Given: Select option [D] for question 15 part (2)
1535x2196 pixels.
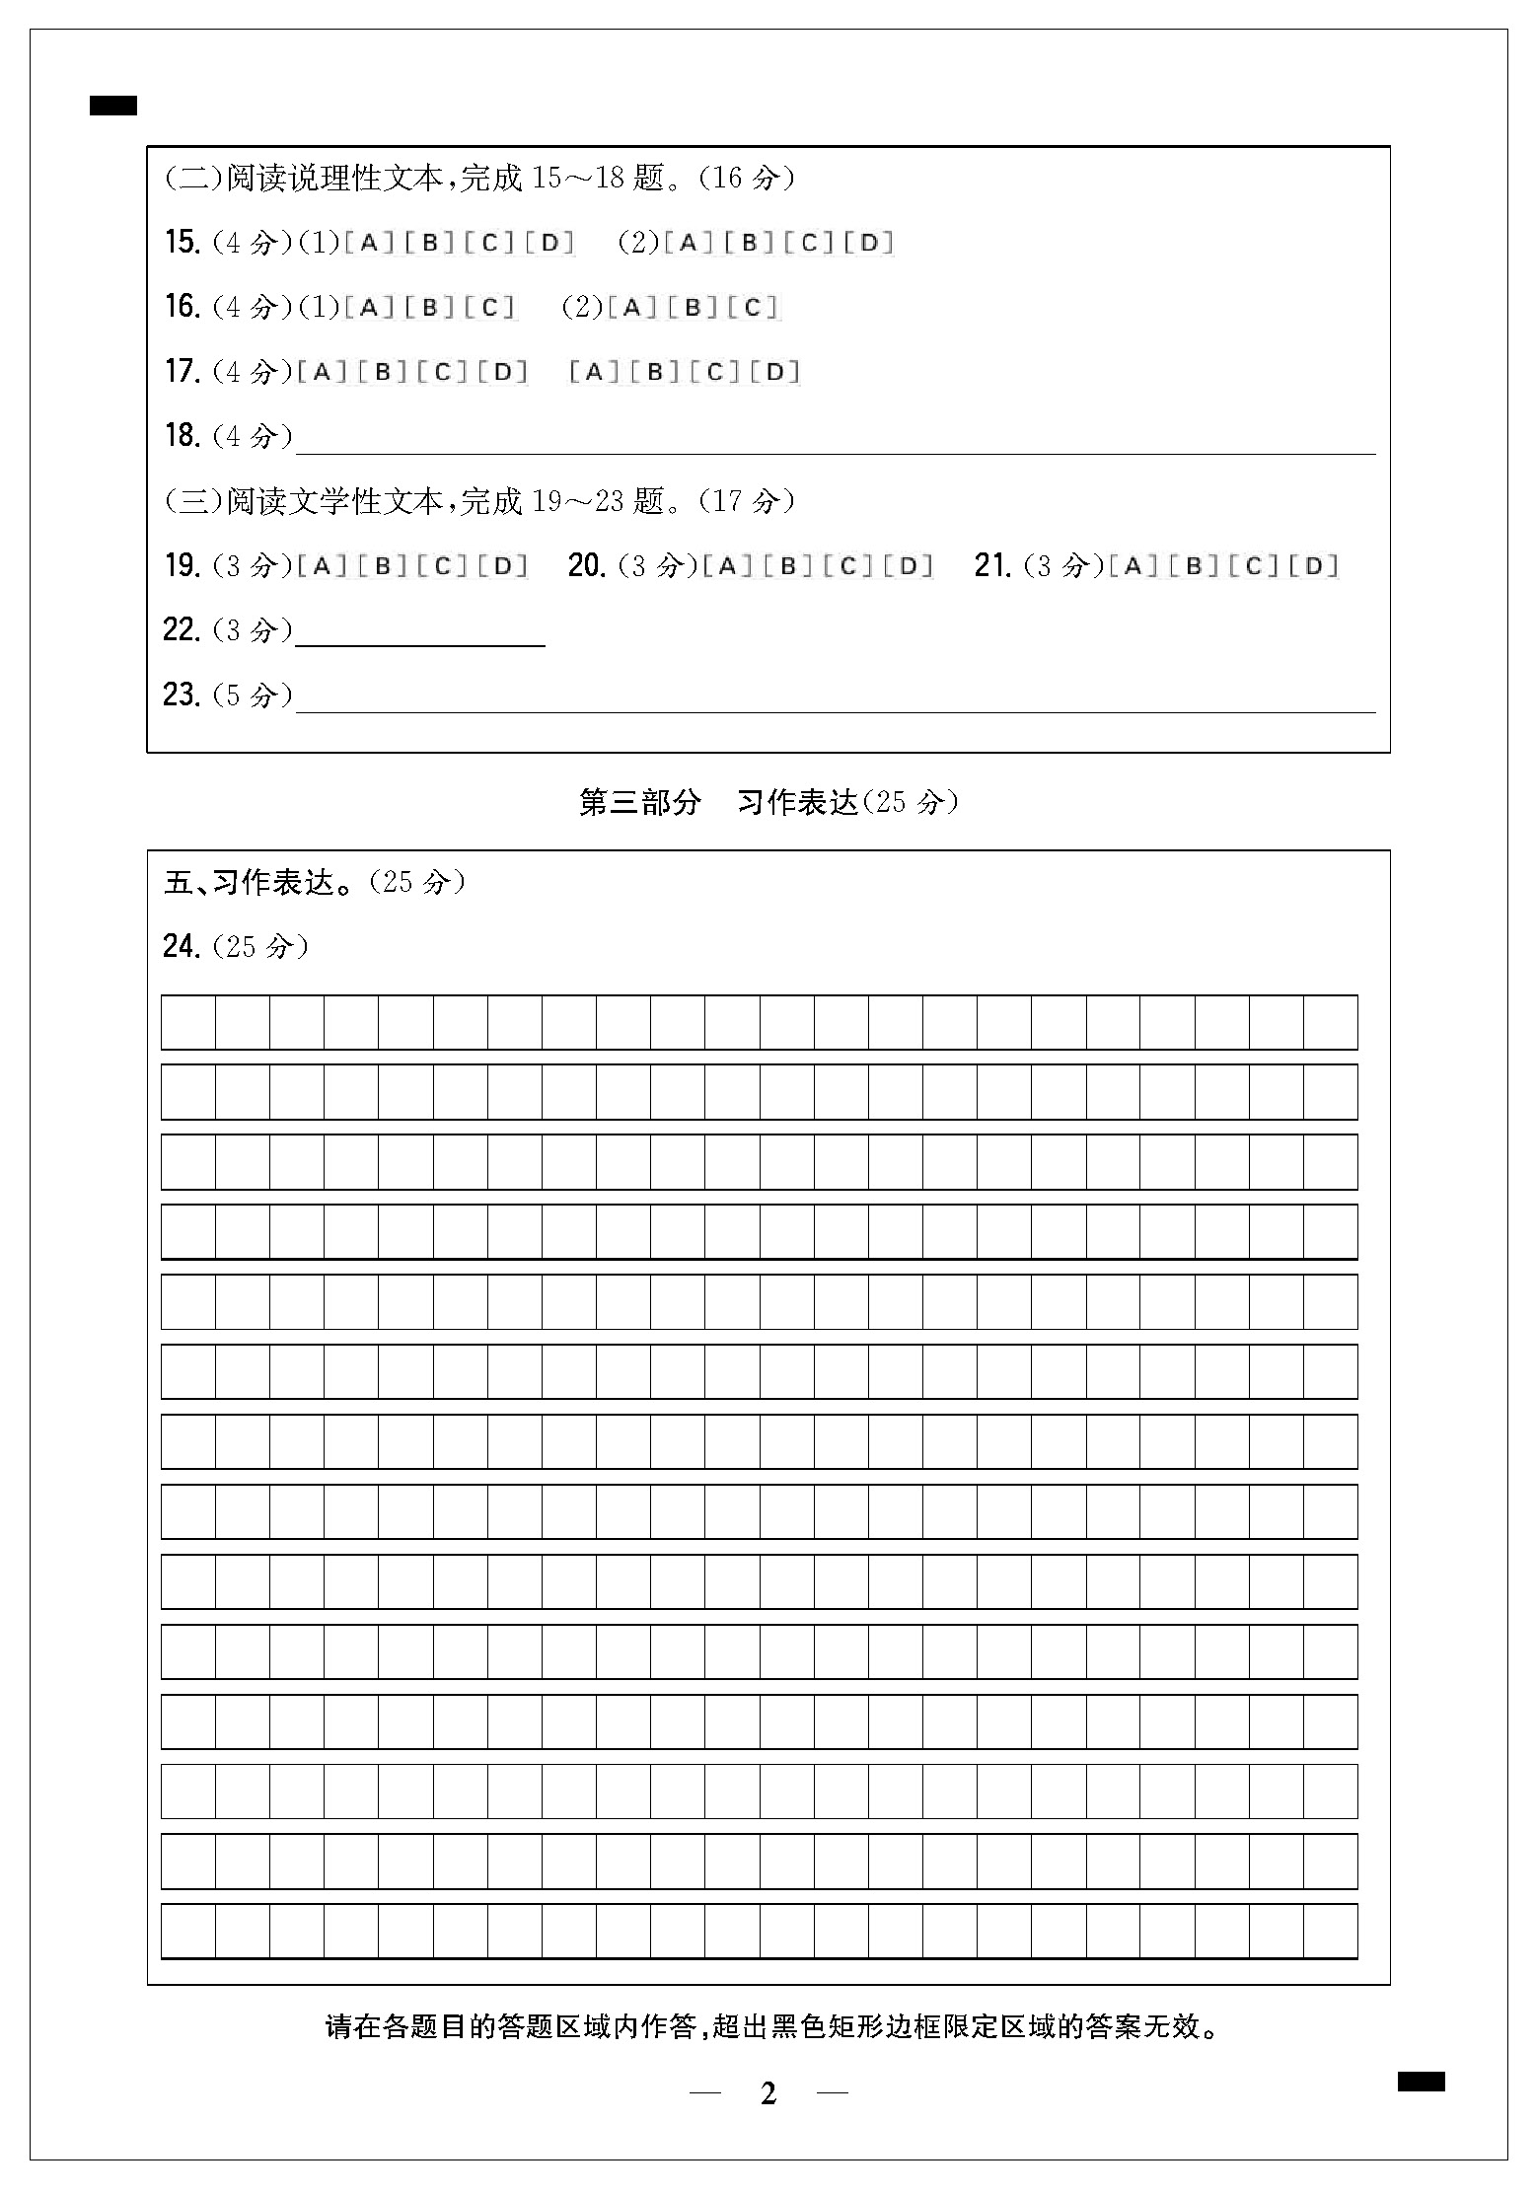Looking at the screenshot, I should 869,243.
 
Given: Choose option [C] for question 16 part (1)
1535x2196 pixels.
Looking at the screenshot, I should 490,308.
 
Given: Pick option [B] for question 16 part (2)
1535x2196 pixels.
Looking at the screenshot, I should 694,308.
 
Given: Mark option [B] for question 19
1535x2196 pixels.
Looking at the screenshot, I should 384,566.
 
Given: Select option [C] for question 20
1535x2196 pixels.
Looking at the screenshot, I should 848,566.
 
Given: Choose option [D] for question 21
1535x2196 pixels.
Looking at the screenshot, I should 1314,566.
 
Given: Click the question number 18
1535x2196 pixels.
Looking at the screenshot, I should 182,436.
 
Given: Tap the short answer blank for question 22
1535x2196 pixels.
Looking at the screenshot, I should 420,635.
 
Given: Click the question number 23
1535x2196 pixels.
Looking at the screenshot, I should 182,695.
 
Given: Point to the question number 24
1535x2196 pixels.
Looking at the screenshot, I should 182,947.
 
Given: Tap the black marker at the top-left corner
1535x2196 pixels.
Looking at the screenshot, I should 113,106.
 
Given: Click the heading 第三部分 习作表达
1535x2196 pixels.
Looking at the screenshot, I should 767,802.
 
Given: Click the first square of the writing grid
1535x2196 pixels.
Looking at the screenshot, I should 188,1022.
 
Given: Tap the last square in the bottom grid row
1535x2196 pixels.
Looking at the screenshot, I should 1330,1931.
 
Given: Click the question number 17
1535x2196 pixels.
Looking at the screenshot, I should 182,372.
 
